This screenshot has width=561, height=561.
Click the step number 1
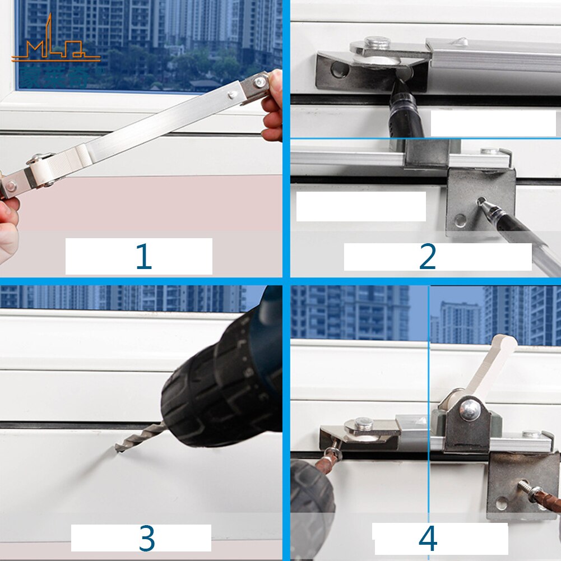pos(143,257)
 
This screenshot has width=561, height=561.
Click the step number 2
pos(427,257)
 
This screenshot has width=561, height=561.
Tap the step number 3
pos(146,538)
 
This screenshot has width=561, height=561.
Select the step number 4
pos(427,539)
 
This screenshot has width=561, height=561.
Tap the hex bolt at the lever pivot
pos(469,410)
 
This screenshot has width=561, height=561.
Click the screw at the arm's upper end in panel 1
pos(259,82)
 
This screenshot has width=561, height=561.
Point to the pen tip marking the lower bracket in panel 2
pos(481,202)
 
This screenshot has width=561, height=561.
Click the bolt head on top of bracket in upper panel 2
pos(377,43)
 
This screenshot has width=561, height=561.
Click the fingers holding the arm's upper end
pos(273,106)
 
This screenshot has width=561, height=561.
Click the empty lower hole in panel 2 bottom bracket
pos(461,221)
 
